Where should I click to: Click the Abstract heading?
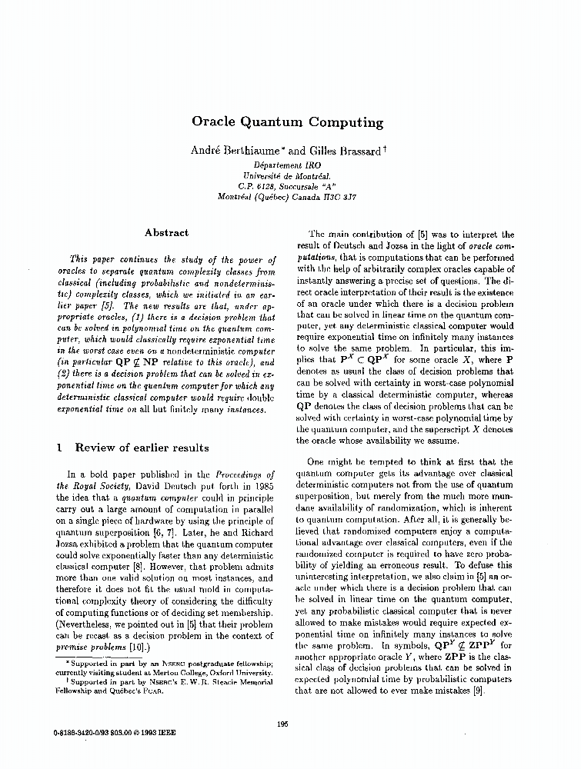pos(166,232)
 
